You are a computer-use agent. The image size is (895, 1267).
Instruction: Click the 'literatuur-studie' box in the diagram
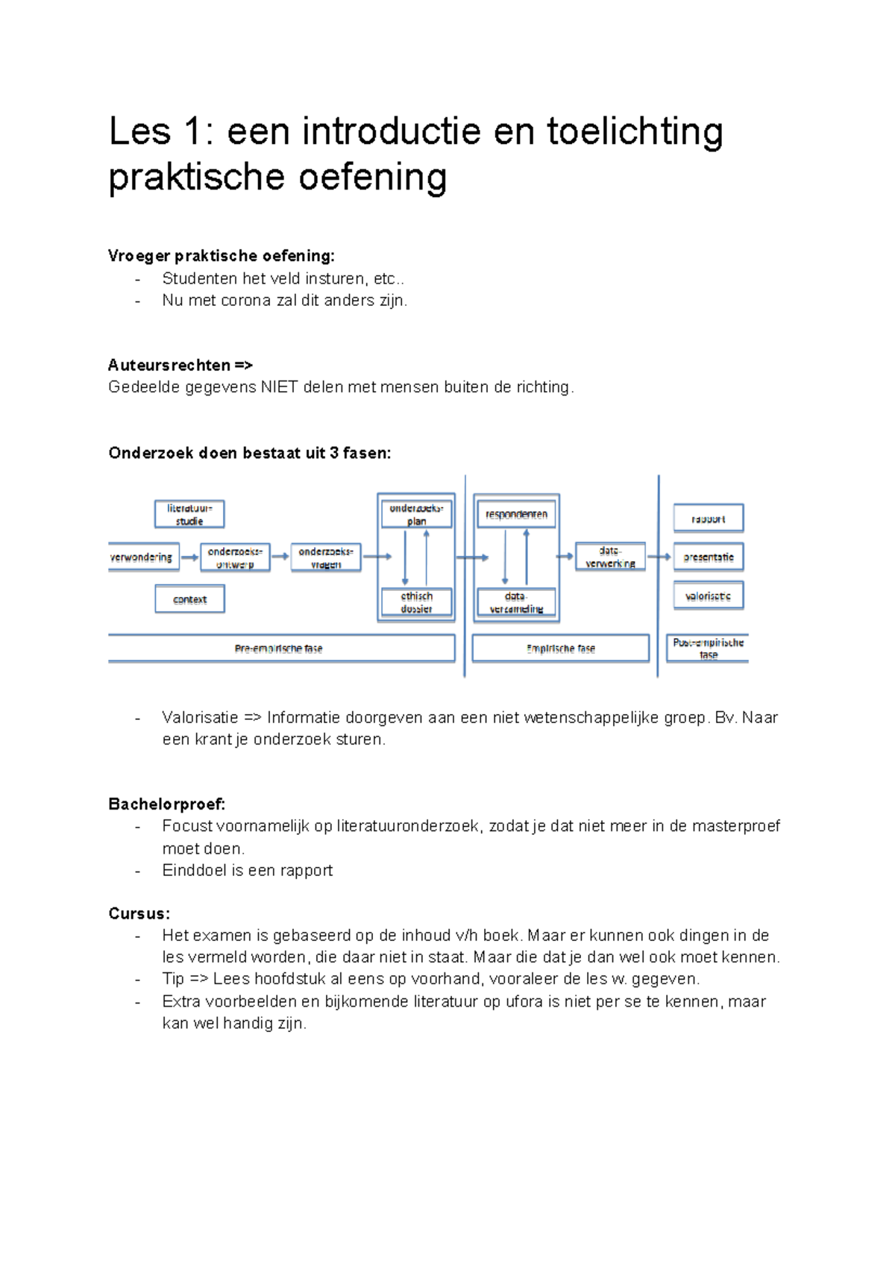(189, 514)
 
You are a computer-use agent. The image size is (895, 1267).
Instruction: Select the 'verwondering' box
(142, 557)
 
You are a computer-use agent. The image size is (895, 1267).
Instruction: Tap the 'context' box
(189, 598)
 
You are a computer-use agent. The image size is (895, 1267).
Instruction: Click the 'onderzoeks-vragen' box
(326, 557)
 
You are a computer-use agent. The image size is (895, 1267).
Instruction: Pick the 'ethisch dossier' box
(416, 602)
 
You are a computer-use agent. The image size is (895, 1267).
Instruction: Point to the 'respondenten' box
(516, 514)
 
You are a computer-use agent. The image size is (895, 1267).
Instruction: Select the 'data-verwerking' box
(610, 557)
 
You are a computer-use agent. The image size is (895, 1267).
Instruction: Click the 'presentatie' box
(709, 557)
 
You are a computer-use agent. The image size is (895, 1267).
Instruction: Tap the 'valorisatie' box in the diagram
(709, 596)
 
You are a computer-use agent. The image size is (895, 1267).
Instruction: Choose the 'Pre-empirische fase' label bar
(279, 648)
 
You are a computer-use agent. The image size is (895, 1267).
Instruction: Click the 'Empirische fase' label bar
(561, 648)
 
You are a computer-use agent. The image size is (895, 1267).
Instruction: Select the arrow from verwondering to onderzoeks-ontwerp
(189, 557)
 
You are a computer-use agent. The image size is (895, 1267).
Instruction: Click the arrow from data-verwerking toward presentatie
(659, 557)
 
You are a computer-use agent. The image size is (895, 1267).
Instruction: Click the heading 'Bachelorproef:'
(166, 804)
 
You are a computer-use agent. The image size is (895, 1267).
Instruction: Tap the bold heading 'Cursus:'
(139, 913)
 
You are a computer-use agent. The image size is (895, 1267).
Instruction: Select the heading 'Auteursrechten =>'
(180, 365)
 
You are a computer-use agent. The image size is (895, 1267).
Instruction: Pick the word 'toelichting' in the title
(635, 131)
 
